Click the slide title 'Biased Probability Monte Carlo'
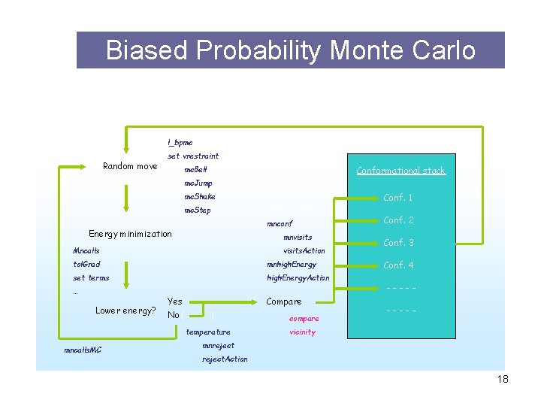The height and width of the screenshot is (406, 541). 290,50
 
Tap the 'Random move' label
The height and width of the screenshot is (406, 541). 130,166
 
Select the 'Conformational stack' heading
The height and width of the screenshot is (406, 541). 400,171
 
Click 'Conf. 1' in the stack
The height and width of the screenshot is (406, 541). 398,198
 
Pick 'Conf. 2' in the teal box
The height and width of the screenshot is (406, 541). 398,220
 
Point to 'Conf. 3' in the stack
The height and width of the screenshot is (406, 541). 398,243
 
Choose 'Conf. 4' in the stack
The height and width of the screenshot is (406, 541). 398,265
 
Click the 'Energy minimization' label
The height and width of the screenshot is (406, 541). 130,234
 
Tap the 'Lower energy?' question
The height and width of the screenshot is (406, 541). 125,311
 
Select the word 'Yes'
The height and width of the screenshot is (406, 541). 175,301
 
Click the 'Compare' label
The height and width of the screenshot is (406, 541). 284,301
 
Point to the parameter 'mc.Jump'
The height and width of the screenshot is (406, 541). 198,183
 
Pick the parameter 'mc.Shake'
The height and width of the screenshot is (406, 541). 200,197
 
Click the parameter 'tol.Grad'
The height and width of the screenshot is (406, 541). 86,265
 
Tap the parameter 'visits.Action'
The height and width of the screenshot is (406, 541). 304,251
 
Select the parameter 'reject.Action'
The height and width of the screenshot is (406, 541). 225,359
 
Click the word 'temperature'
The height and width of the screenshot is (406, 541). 208,332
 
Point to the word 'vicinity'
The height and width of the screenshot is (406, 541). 302,332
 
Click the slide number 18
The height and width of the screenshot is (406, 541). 503,379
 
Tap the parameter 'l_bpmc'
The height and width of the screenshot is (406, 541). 180,143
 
